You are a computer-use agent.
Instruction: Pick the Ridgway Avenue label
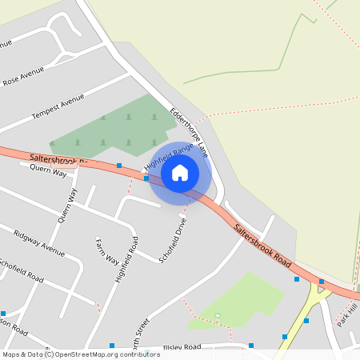(x=39, y=241)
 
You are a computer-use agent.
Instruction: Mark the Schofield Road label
(x=22, y=270)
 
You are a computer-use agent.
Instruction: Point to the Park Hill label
(x=346, y=314)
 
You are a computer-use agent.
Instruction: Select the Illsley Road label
(x=182, y=347)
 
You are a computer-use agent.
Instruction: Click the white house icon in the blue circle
(x=180, y=172)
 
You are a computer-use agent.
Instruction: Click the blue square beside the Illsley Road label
(x=251, y=346)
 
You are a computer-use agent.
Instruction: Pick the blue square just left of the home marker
(x=146, y=178)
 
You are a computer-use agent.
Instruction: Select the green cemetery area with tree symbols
(x=112, y=128)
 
